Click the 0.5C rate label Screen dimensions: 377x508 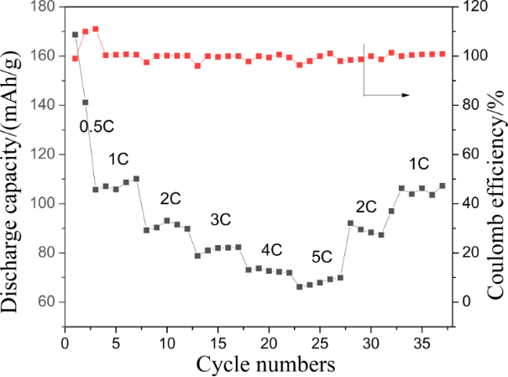point(97,126)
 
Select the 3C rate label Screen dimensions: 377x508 point(220,219)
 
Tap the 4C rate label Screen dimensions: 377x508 point(271,249)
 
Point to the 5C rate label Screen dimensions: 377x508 point(322,257)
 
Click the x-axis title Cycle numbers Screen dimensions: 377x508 point(266,364)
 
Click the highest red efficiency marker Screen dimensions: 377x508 point(96,29)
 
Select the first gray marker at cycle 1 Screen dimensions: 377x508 point(75,34)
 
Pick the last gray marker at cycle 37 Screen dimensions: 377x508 point(443,186)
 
